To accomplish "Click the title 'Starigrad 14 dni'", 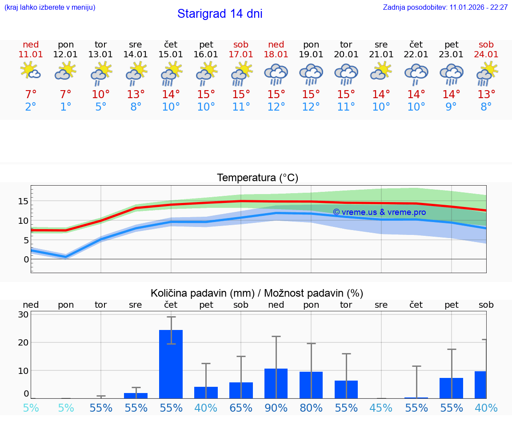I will pyautogui.click(x=220, y=14).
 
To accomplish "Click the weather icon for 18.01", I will pyautogui.click(x=276, y=74).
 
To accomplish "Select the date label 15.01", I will pyautogui.click(x=171, y=55).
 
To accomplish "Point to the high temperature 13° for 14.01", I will pyautogui.click(x=136, y=95).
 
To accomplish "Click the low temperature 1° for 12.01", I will pyautogui.click(x=65, y=107).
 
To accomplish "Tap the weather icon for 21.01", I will pyautogui.click(x=381, y=72).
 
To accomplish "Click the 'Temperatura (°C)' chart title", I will pyautogui.click(x=257, y=178).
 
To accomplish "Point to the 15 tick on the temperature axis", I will pyautogui.click(x=23, y=201).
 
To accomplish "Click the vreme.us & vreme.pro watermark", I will pyautogui.click(x=379, y=212).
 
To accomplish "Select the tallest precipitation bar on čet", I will pyautogui.click(x=171, y=364).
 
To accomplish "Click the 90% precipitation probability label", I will pyautogui.click(x=276, y=408).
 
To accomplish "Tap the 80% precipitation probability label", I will pyautogui.click(x=311, y=408).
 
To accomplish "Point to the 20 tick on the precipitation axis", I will pyautogui.click(x=23, y=342).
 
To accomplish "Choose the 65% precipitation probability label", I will pyautogui.click(x=241, y=408).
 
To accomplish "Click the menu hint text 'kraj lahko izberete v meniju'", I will pyautogui.click(x=49, y=8).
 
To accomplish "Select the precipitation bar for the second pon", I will pyautogui.click(x=311, y=385).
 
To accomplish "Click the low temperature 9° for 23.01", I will pyautogui.click(x=451, y=107).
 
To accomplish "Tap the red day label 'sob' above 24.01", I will pyautogui.click(x=486, y=44).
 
